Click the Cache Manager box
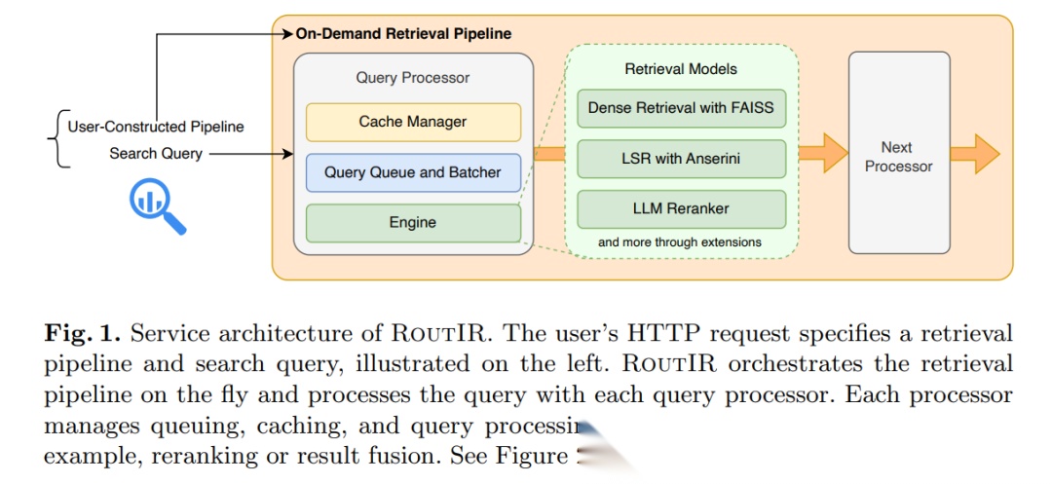point(413,122)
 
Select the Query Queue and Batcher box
point(413,172)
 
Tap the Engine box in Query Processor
point(413,223)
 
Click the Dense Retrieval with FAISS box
point(681,107)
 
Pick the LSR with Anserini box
point(681,159)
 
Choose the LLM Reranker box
point(681,209)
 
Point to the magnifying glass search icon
point(157,206)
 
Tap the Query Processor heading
point(413,77)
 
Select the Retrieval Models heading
point(681,69)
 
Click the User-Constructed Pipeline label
point(156,127)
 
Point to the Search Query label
point(156,154)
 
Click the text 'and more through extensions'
point(680,242)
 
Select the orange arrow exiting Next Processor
point(975,154)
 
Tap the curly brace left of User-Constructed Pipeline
point(54,139)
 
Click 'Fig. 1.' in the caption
point(82,334)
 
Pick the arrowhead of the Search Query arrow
point(288,154)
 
